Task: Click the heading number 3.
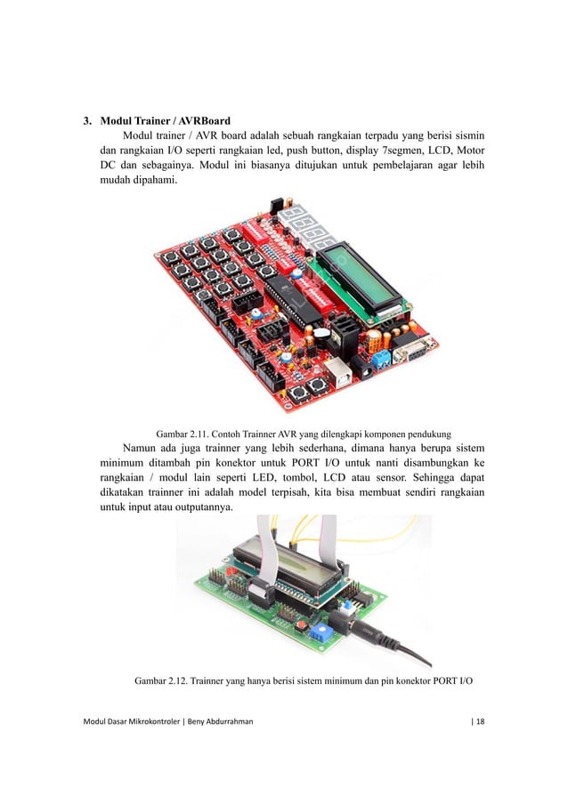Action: click(87, 119)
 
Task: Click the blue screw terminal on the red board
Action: click(382, 359)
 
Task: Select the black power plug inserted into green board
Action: click(387, 640)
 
